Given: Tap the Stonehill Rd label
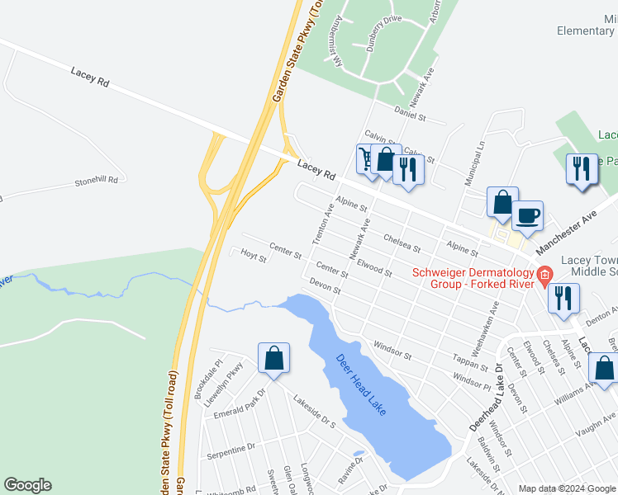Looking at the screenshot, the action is click(x=97, y=180).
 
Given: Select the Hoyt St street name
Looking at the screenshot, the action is click(x=253, y=257).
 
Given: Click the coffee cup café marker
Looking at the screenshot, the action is click(x=528, y=215).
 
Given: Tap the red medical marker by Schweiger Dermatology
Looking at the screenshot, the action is click(x=544, y=275).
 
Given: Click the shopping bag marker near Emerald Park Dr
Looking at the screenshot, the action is click(x=273, y=359).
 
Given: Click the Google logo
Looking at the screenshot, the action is click(x=27, y=485).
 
